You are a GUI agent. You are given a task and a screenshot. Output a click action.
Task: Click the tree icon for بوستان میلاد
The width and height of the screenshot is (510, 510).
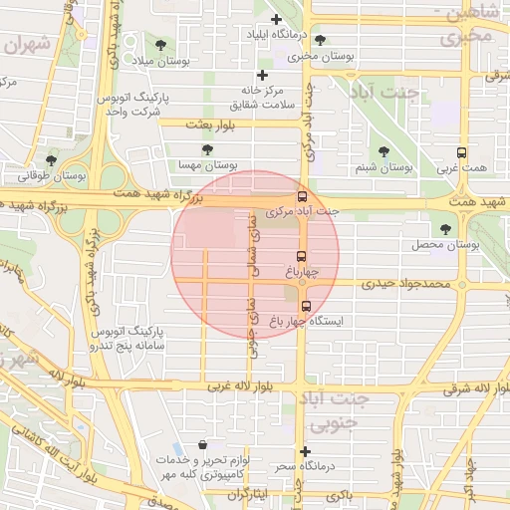coord(160,45)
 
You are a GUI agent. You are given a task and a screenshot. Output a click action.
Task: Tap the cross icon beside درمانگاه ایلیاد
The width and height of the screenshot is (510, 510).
coord(276,19)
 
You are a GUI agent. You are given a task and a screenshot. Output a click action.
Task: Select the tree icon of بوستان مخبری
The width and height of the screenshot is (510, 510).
coord(320,40)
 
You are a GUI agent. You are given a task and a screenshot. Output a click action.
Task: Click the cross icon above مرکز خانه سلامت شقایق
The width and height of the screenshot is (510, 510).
coord(262,75)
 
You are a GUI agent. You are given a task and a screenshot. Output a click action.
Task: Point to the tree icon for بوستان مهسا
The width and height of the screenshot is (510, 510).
coord(207,149)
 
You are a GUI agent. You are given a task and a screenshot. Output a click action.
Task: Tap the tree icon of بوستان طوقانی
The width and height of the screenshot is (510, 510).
coord(50,160)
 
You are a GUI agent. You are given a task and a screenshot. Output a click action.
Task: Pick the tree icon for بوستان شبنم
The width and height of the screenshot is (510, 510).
coord(383,151)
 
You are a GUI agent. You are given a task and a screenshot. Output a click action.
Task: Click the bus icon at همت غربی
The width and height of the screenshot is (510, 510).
coord(461,152)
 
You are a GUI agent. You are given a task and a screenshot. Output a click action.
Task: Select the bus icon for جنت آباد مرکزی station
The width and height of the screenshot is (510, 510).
coord(303,196)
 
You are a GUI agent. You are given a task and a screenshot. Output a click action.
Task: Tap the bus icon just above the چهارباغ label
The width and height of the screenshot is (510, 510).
coord(303,253)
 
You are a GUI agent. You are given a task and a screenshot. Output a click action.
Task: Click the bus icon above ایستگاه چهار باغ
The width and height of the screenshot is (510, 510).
coord(305,306)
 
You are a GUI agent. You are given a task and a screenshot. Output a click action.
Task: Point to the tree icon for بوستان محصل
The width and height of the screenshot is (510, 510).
coord(444,228)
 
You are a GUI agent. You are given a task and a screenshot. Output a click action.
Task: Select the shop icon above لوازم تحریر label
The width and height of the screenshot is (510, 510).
coord(203,445)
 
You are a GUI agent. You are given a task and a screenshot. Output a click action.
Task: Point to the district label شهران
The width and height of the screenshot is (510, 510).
coord(27,45)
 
